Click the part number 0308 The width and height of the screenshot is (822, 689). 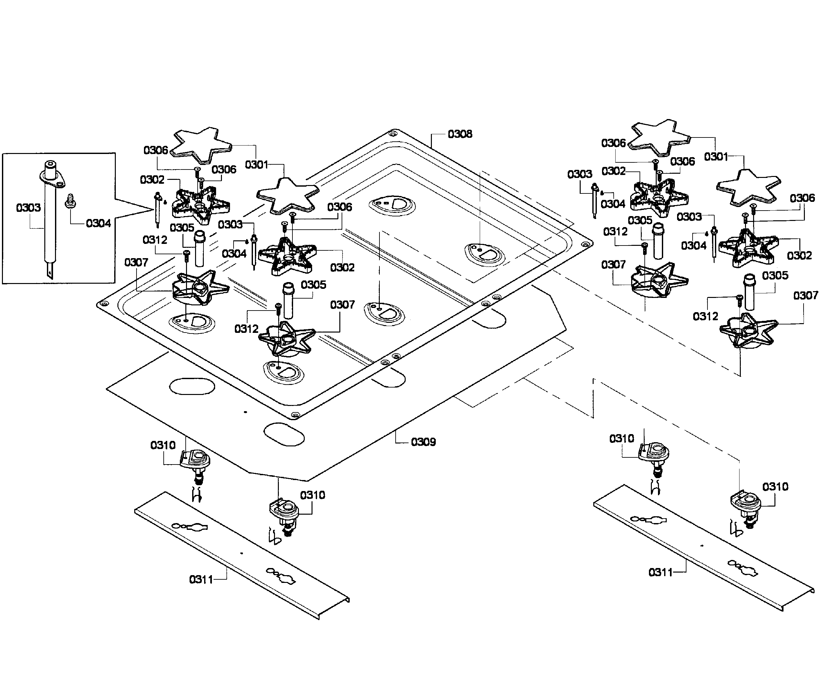[x=460, y=134]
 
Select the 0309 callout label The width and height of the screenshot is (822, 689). [x=423, y=442]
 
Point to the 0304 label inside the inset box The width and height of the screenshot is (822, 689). [x=98, y=223]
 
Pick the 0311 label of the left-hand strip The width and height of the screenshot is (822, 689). [x=201, y=579]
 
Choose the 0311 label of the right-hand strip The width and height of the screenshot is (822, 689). [x=661, y=572]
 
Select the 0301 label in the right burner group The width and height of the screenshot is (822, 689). [x=716, y=157]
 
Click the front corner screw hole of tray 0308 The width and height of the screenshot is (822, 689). [x=295, y=415]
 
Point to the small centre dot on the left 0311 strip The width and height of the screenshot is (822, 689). [x=242, y=553]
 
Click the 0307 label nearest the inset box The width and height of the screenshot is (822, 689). [x=136, y=262]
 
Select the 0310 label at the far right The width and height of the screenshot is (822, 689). [x=775, y=487]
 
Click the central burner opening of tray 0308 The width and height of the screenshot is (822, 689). [x=384, y=313]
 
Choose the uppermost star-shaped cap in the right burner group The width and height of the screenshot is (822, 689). [x=660, y=138]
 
